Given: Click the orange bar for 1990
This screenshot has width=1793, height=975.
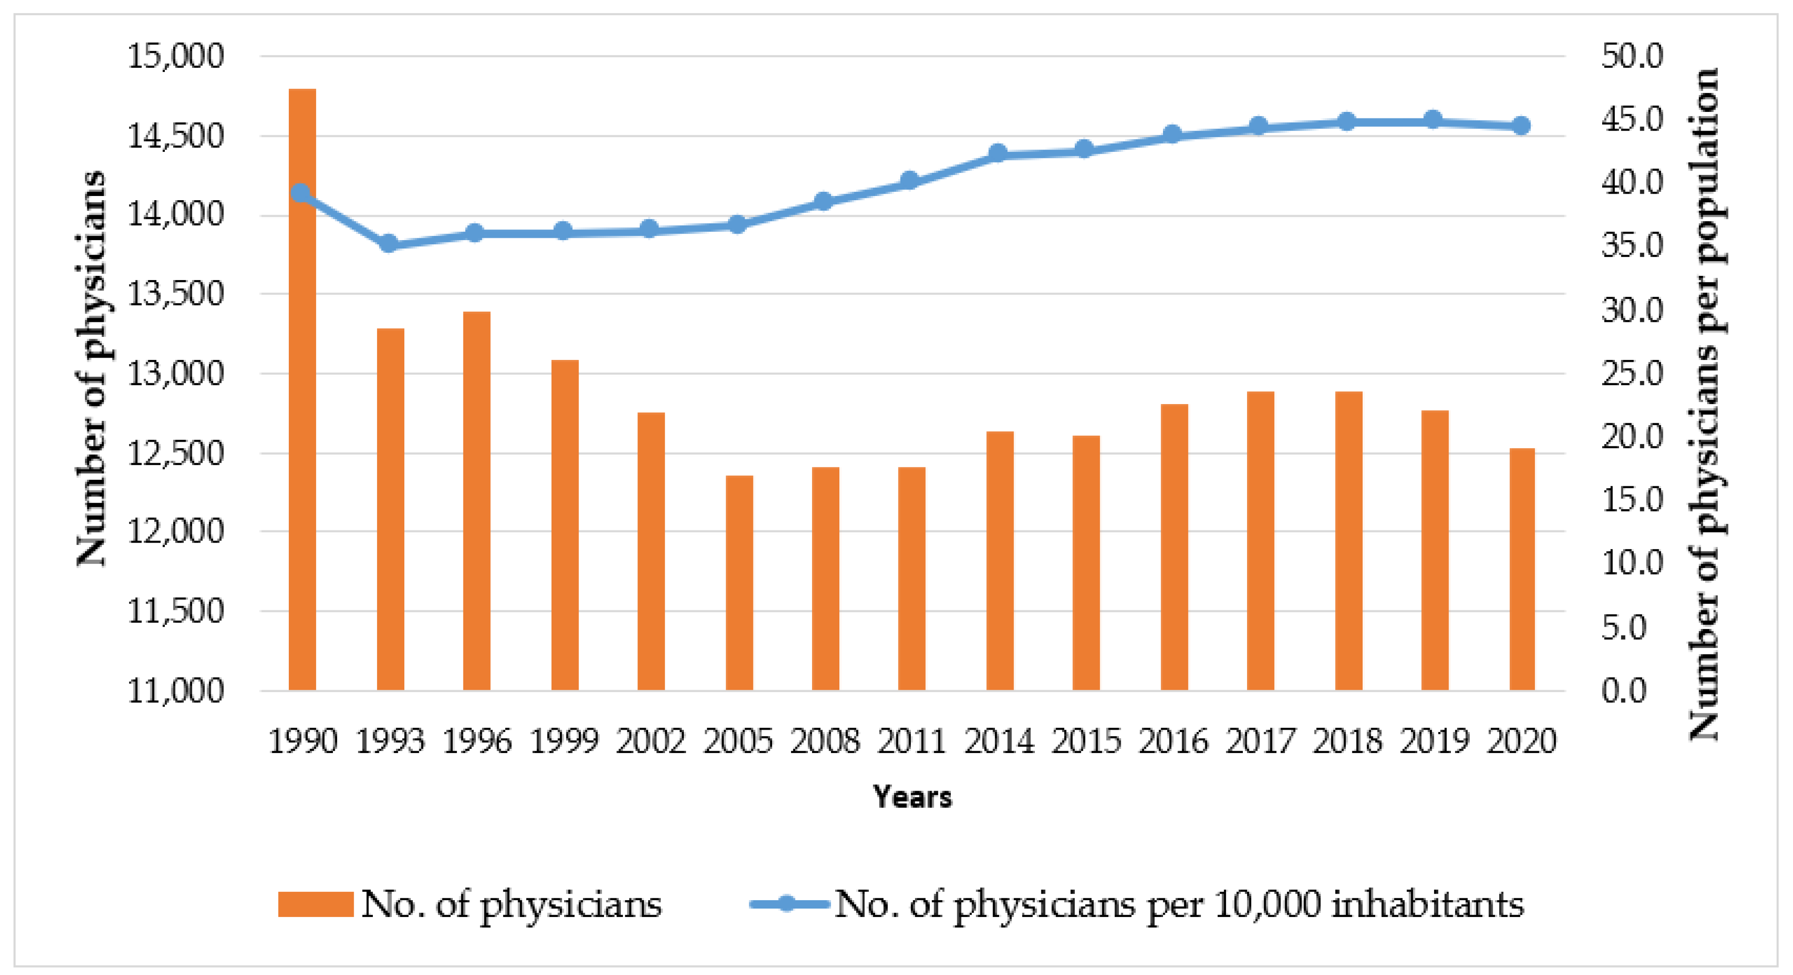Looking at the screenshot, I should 302,390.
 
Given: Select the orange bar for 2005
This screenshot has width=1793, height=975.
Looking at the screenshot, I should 739,583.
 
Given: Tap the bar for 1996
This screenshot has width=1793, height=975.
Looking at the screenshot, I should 477,501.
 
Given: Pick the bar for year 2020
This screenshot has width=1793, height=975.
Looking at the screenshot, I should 1521,569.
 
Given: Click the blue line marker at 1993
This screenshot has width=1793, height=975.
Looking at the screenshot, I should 389,244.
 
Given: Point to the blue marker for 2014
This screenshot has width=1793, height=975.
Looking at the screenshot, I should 998,153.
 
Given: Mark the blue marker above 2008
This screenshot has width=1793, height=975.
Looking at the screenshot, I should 824,201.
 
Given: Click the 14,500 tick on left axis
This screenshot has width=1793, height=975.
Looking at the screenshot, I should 175,136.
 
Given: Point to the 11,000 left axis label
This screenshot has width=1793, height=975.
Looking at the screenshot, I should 175,691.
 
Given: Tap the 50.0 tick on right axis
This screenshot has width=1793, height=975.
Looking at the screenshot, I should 1631,56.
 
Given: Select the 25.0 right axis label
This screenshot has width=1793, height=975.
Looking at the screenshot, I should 1631,374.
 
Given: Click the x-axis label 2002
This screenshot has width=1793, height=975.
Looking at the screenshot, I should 651,741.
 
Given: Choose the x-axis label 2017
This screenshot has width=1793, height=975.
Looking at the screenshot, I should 1260,741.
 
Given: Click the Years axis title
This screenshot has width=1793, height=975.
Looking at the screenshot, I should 912,797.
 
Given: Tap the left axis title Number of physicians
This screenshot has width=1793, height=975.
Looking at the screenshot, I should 91,369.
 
